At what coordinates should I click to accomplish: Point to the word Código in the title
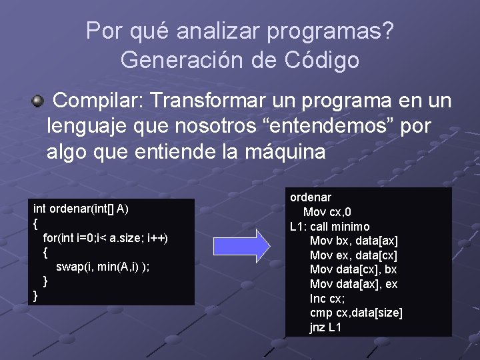324,60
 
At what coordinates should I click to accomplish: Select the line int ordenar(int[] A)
81,209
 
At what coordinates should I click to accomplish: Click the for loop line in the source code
105,238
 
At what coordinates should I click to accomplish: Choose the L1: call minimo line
329,227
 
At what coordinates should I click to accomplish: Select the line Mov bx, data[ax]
354,241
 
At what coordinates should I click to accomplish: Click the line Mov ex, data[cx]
354,255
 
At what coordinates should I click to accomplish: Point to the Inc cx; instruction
327,299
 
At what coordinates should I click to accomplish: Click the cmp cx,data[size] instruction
356,313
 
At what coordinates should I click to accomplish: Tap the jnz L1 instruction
325,328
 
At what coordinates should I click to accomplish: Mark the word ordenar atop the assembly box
311,197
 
